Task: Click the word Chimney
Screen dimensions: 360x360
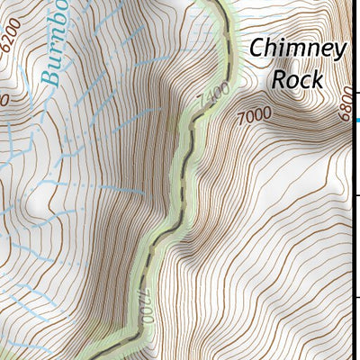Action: click(297, 49)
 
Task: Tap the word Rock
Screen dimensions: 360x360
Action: click(297, 78)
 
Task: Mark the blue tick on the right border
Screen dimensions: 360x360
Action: click(356, 120)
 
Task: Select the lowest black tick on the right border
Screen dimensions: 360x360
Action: click(357, 296)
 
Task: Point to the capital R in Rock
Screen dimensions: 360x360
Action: click(280, 78)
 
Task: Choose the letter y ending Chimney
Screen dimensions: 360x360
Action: click(338, 52)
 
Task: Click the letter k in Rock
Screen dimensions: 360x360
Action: click(316, 78)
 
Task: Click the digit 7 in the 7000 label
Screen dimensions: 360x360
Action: click(241, 115)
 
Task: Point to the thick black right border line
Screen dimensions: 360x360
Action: click(359, 225)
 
